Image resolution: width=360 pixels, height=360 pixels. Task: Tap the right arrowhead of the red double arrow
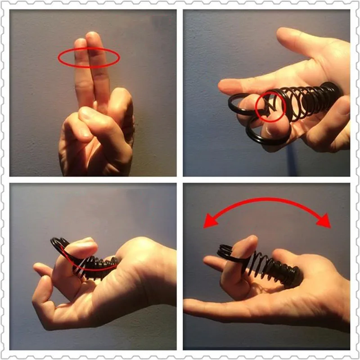tap(324, 221)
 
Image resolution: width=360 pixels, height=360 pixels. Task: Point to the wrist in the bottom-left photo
tap(148, 279)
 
